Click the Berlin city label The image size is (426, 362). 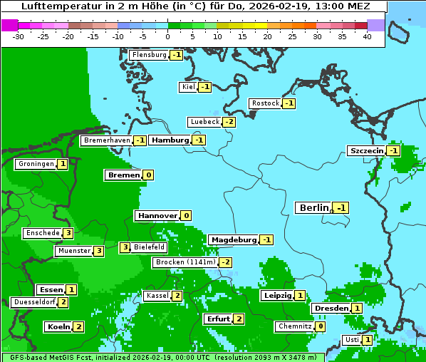tap(313, 207)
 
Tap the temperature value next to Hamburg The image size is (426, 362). tap(199, 140)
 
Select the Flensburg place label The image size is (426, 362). tap(150, 55)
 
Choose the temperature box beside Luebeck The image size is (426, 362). tap(229, 122)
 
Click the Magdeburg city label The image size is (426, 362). tap(233, 239)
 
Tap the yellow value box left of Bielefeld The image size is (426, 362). tap(125, 247)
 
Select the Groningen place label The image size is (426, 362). tap(36, 164)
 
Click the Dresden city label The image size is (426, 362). tap(331, 308)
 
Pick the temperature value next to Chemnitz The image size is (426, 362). tap(321, 326)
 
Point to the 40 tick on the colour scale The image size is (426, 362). tap(367, 36)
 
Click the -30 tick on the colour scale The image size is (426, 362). tap(19, 36)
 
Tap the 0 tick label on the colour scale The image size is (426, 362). tap(168, 36)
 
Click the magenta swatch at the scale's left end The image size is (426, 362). tap(9, 25)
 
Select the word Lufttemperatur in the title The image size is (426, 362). tap(56, 6)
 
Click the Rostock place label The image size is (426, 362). tap(265, 103)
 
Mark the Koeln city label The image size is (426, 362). tap(58, 326)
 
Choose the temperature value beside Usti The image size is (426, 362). tap(367, 340)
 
